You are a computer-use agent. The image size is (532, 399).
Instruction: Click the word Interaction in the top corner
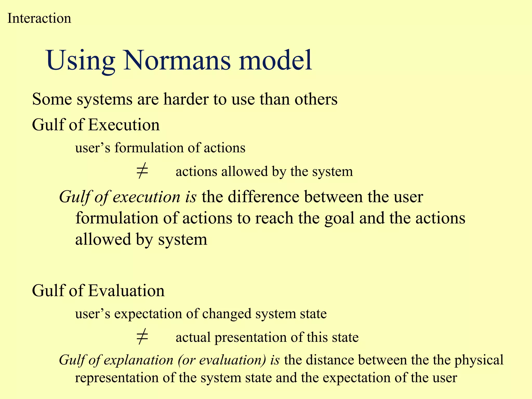click(39, 18)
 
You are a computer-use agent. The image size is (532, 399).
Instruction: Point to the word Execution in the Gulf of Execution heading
click(124, 125)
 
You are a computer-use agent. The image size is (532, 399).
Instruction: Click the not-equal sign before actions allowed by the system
click(142, 171)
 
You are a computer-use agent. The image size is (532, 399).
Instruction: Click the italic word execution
click(146, 197)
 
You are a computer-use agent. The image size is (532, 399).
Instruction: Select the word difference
click(264, 197)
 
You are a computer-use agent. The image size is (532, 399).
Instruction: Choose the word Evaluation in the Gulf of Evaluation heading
click(126, 291)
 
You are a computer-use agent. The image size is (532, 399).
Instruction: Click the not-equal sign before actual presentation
click(142, 337)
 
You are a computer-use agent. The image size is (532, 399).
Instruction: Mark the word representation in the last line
click(117, 378)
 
